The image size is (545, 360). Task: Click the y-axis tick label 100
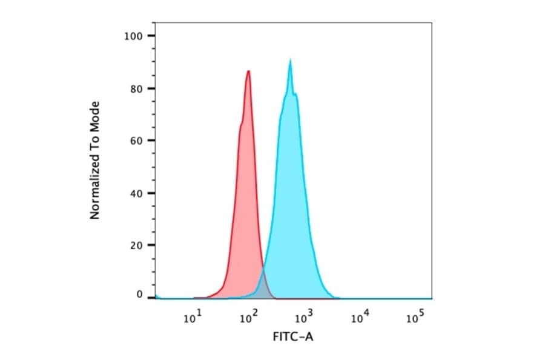click(x=133, y=36)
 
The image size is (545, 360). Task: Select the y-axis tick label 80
click(x=136, y=88)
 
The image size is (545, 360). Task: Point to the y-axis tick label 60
click(x=136, y=141)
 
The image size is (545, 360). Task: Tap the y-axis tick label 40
click(x=136, y=193)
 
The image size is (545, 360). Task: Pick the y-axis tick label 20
click(x=136, y=245)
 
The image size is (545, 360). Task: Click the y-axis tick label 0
click(x=139, y=295)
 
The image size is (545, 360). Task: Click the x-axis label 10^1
click(x=193, y=317)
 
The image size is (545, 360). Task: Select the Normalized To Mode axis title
click(x=94, y=160)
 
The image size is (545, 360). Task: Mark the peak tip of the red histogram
click(x=248, y=71)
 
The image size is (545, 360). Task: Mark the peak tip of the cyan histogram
click(x=291, y=60)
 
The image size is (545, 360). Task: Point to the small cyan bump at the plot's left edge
click(x=157, y=296)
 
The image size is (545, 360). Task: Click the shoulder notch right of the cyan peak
click(x=295, y=95)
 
